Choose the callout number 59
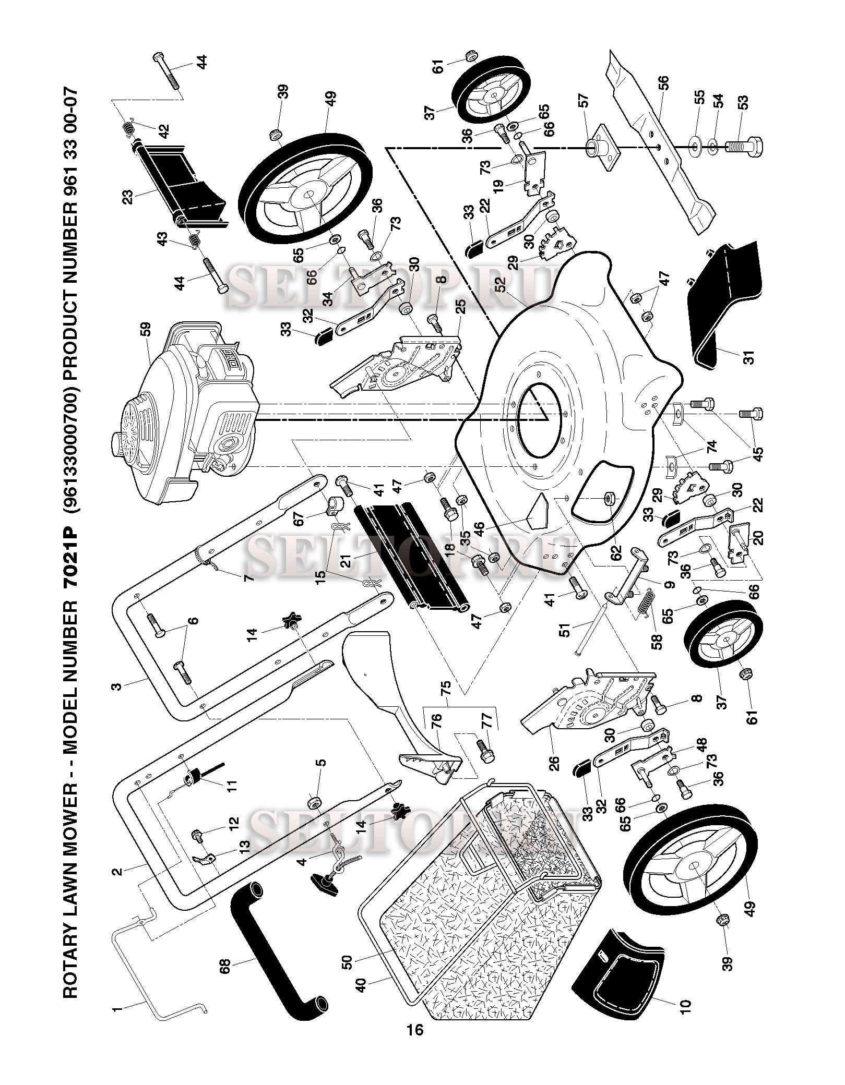click(145, 330)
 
